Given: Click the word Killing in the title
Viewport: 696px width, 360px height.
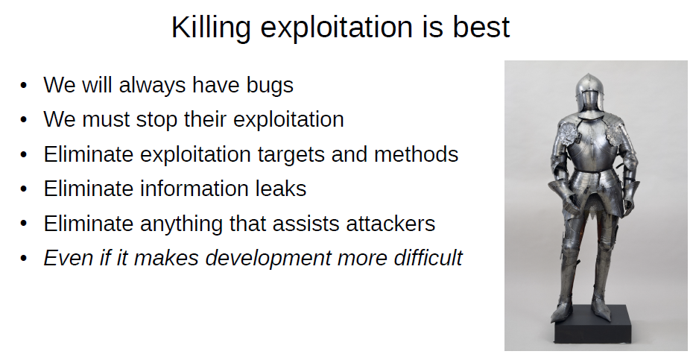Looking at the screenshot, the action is (x=211, y=28).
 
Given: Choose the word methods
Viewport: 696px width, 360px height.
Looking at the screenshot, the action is (x=416, y=154).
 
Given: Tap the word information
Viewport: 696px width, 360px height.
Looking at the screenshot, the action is (x=194, y=189).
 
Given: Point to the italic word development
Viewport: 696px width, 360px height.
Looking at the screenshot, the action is (x=268, y=259).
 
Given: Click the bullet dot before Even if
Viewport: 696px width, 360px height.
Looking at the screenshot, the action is (x=24, y=259).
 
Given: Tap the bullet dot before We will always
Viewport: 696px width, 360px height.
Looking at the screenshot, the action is (x=24, y=85).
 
